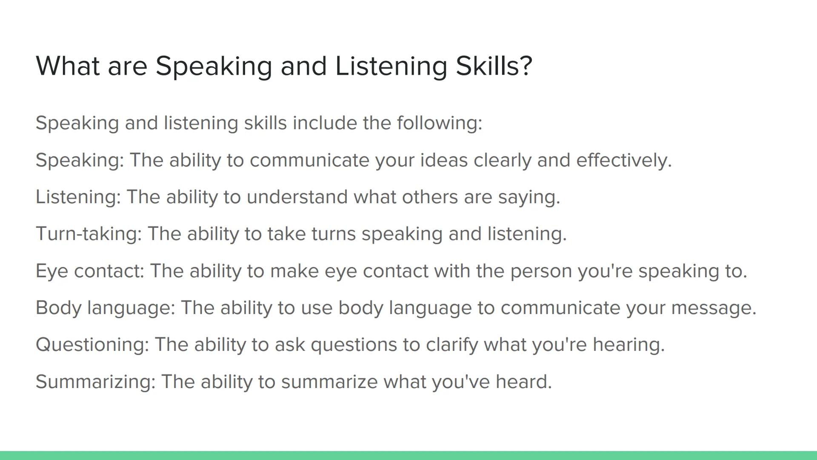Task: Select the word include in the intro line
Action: tap(325, 123)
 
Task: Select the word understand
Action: tap(297, 197)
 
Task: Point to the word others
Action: tap(430, 197)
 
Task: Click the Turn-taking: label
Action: tap(89, 234)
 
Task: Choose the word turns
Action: tap(333, 234)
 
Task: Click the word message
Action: tap(713, 308)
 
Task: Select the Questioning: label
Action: tap(92, 345)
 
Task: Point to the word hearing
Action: tap(628, 345)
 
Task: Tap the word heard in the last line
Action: tap(523, 382)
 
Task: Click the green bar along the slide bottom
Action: tap(408, 455)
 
